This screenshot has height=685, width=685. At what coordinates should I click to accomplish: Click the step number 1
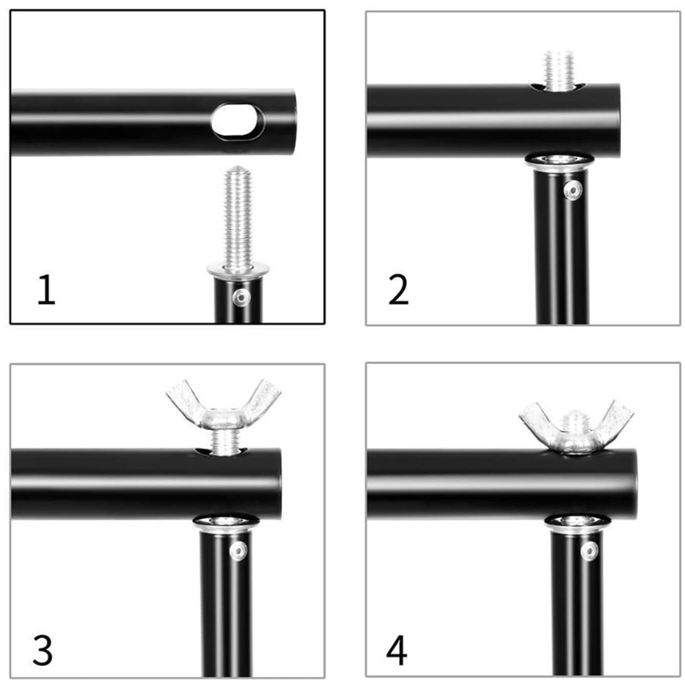point(47,289)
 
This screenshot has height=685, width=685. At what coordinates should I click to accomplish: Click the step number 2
point(398,291)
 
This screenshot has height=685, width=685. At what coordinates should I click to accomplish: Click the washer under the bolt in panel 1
point(238,271)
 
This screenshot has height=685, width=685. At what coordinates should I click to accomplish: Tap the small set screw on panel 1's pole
point(241,296)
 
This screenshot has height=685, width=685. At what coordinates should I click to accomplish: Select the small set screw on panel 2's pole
point(573,190)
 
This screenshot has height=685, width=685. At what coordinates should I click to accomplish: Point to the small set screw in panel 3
point(238,551)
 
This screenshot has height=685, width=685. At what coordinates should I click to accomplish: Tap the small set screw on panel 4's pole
point(590,552)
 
